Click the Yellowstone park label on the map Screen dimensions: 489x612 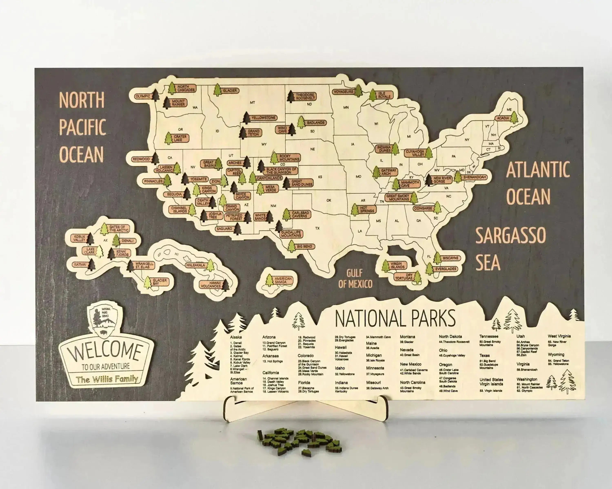point(263,118)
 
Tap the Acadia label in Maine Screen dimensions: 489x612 point(502,118)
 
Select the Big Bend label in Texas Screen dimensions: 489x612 point(305,246)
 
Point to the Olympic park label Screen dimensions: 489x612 point(143,96)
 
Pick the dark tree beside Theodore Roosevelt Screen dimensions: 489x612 point(291,96)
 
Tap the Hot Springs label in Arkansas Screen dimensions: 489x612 point(367,209)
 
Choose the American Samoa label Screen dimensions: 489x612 point(283,280)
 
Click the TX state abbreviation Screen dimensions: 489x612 point(317,228)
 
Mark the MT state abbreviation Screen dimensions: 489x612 point(252,103)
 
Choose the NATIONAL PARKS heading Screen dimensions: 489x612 point(395,318)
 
